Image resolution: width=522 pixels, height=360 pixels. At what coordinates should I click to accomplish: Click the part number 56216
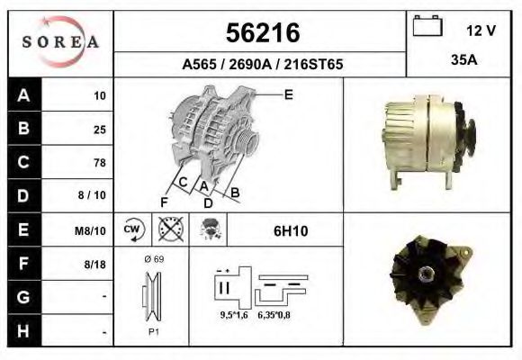click(x=261, y=33)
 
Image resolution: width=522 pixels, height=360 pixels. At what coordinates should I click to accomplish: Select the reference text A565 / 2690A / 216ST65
click(x=262, y=65)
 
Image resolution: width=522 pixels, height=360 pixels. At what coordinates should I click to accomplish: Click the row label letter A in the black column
click(x=22, y=94)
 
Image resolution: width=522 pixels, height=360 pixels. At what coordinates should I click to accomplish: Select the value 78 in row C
click(x=99, y=163)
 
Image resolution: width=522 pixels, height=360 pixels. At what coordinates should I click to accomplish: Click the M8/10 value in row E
click(x=92, y=230)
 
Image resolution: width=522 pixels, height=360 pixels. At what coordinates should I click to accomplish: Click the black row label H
click(x=22, y=332)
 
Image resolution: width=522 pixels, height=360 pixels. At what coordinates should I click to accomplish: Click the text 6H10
click(x=290, y=231)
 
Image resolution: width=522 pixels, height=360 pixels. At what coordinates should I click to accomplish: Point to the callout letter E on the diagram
click(x=288, y=94)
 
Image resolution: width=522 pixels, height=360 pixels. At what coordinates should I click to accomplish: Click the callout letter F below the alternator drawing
click(x=165, y=202)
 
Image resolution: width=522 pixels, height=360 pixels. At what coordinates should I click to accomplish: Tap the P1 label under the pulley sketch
click(x=153, y=330)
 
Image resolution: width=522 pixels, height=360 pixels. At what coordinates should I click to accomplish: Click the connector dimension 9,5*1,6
click(x=235, y=315)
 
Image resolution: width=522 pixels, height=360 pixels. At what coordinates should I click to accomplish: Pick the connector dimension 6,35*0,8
click(x=274, y=315)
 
